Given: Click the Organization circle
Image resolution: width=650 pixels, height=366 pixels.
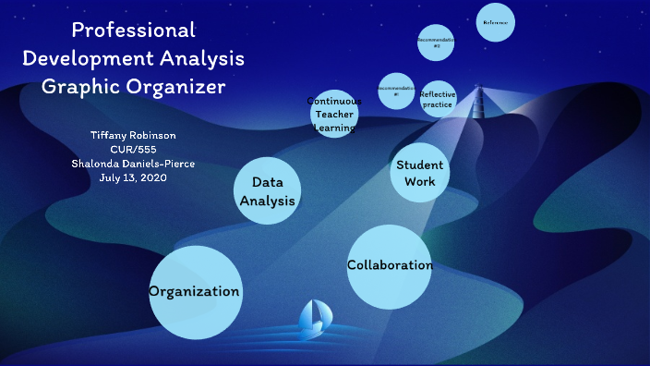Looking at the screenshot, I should click(x=196, y=292).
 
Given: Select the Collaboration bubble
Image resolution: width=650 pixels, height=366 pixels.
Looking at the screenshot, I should click(x=390, y=266).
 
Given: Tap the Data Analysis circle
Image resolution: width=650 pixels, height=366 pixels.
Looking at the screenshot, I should click(x=268, y=190).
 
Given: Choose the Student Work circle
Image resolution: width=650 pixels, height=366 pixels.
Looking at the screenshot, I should click(x=419, y=172).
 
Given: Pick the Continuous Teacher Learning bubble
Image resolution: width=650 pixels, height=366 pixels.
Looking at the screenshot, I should click(x=334, y=114).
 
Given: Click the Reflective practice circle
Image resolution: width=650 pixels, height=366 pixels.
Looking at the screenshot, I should click(x=437, y=99).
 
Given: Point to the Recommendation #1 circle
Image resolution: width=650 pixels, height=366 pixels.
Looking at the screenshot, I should click(x=396, y=91).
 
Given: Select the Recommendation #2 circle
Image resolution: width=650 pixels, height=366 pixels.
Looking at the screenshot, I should click(x=436, y=42).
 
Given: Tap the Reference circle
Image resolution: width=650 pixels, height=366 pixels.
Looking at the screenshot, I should click(x=495, y=23).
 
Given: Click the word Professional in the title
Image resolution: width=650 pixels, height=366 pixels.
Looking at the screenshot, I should click(x=134, y=30).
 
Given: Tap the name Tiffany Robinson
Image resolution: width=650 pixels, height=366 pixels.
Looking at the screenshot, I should click(x=134, y=136).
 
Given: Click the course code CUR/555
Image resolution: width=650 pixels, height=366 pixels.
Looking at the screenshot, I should click(x=134, y=150).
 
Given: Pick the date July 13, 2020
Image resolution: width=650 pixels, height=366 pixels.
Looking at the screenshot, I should click(x=134, y=177).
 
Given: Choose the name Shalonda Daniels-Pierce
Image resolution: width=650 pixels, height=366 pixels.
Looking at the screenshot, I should click(x=134, y=164).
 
